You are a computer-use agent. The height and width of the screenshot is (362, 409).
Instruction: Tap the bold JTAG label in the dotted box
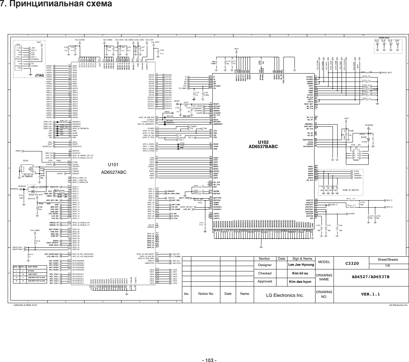40,76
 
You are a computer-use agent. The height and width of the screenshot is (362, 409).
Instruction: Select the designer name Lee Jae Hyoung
301,265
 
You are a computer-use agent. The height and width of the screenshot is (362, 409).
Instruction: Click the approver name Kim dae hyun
300,281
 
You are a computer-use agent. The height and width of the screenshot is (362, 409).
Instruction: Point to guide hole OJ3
389,41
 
